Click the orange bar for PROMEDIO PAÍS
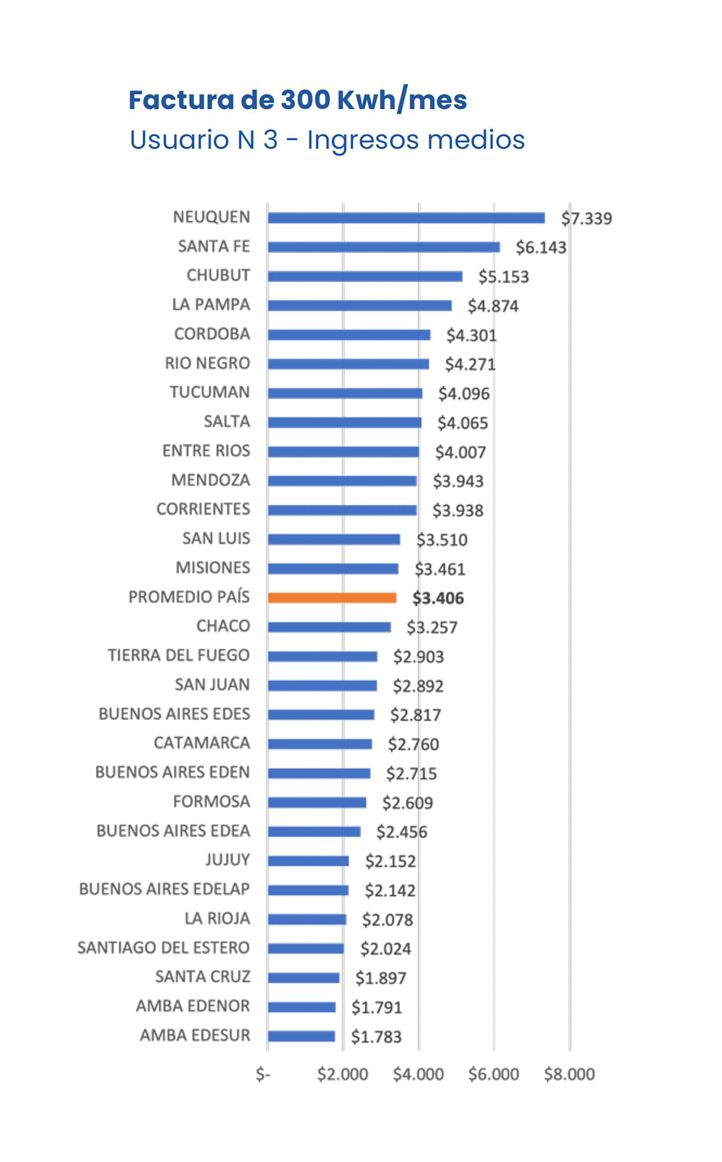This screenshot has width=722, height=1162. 332,598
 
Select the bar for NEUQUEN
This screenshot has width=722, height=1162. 406,218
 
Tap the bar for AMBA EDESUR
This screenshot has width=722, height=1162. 301,1036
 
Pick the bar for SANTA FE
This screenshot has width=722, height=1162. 384,247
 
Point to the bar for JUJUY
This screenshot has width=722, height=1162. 308,861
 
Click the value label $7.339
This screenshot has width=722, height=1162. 586,219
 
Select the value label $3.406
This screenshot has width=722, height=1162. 438,598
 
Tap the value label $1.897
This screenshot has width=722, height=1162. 381,978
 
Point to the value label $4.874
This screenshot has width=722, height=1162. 493,306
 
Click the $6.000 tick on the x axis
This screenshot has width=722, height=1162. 493,1074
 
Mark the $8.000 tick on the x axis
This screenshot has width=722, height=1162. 569,1074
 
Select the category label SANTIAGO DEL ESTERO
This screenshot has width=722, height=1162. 163,948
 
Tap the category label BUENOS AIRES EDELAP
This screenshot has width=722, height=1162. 164,889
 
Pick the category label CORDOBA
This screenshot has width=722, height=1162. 212,334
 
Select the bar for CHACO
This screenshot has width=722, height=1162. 329,627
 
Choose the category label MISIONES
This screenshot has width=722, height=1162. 212,568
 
